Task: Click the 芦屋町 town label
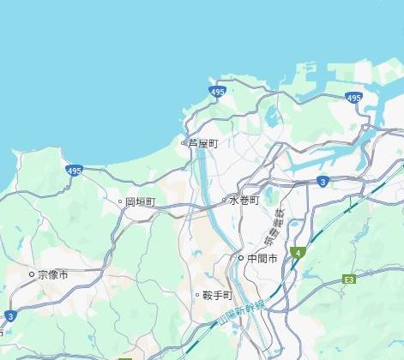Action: [x=202, y=143]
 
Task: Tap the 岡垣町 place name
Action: [x=141, y=202]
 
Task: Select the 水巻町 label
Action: [x=244, y=201]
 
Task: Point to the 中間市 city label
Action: [x=262, y=258]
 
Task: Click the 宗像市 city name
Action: [x=53, y=275]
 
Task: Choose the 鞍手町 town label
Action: [x=217, y=295]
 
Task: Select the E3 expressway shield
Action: [x=349, y=279]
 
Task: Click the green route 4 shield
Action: [x=297, y=253]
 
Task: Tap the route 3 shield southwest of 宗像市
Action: [x=9, y=316]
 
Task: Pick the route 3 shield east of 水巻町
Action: [x=321, y=182]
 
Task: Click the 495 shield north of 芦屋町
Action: [x=218, y=91]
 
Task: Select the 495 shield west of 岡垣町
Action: [x=74, y=171]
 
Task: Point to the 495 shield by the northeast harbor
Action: [x=354, y=99]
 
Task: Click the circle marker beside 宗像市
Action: [x=33, y=275]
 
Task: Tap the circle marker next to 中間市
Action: [x=241, y=258]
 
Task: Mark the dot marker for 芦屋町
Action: [x=183, y=143]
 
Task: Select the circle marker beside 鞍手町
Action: [x=196, y=295]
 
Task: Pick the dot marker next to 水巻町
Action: [x=224, y=201]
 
